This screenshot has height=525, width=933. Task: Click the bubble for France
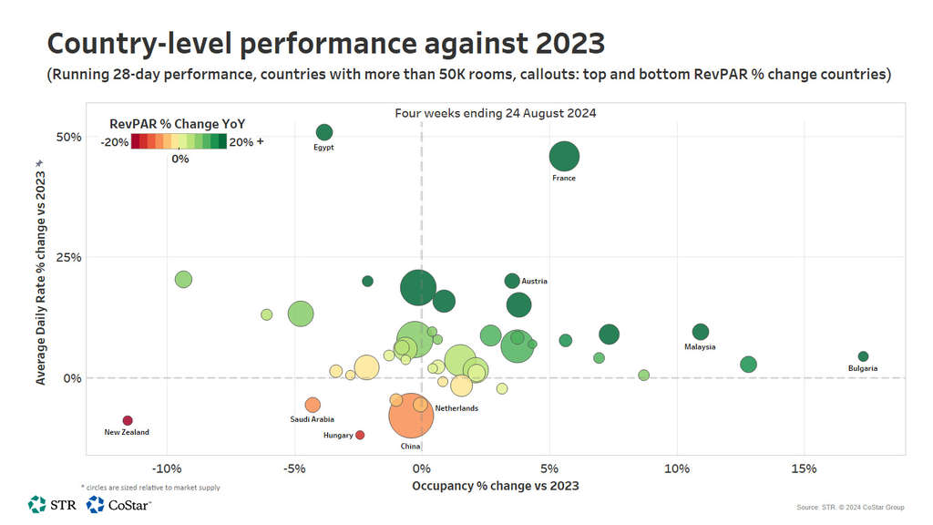(x=564, y=156)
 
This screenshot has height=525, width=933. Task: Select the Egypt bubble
(x=324, y=132)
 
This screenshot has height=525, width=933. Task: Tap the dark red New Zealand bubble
(x=128, y=420)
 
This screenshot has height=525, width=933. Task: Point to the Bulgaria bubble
(x=863, y=356)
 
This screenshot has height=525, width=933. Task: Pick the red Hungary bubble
(x=360, y=435)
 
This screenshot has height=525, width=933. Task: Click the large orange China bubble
(x=417, y=416)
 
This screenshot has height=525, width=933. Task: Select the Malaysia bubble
(x=700, y=332)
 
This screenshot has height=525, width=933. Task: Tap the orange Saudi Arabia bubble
(x=313, y=405)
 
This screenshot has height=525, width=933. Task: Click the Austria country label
(x=534, y=282)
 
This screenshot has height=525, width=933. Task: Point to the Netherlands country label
(x=456, y=408)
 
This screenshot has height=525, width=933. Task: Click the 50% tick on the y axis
(x=69, y=137)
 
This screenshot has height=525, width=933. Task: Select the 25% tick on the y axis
(x=69, y=257)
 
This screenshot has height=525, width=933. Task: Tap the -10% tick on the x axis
(x=166, y=468)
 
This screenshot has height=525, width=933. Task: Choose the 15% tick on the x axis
(x=804, y=468)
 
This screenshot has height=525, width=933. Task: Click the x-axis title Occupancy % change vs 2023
(x=495, y=486)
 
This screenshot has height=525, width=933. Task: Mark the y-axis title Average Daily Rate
(x=40, y=271)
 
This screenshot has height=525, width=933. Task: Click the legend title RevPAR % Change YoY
(x=177, y=123)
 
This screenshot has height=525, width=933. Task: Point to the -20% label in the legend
(x=114, y=141)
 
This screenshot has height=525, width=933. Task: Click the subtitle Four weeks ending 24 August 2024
(x=495, y=113)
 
